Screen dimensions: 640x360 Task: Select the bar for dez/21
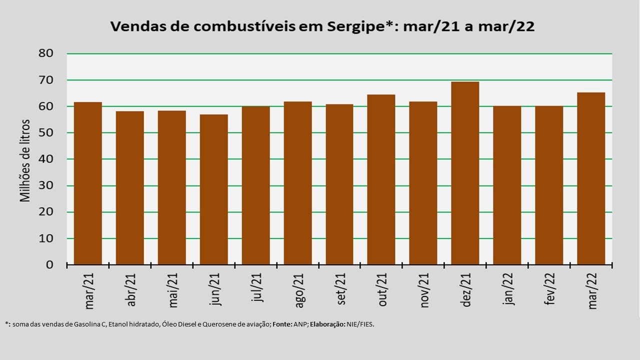coord(465,173)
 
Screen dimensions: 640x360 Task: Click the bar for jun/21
coord(213,189)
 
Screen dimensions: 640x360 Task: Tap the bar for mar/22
coord(591,178)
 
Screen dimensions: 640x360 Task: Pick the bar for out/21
coord(381,179)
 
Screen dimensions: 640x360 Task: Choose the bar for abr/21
coord(129,188)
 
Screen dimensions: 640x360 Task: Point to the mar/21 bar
coord(87,183)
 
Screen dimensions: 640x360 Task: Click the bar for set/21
coord(339,184)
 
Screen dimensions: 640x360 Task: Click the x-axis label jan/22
coord(508,289)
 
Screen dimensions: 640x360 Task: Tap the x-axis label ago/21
coord(299,290)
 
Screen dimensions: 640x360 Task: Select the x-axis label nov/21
coord(424,290)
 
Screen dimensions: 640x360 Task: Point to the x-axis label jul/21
coord(256,287)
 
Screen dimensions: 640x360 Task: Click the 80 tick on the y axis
coord(46,53)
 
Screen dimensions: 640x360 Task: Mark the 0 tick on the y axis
coord(49,265)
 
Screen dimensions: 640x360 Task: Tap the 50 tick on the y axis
coord(46,133)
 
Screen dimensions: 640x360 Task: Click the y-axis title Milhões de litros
coord(25,161)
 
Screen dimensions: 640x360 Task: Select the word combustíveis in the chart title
coord(245,26)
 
